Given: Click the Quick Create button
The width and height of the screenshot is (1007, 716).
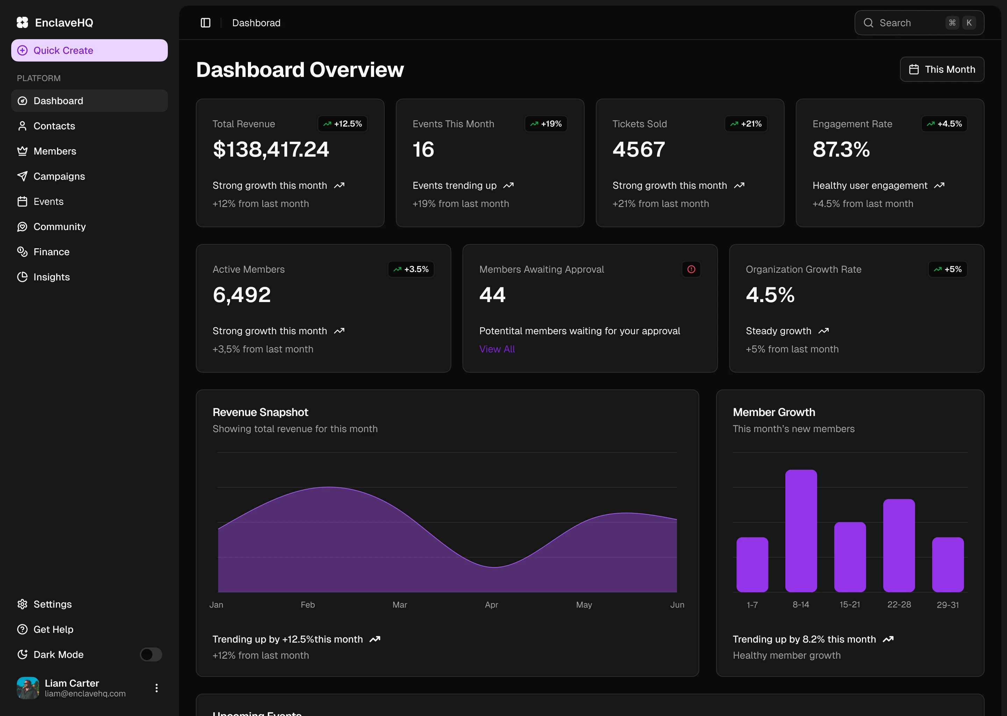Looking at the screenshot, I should [89, 50].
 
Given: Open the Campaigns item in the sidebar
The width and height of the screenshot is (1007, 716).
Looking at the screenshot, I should [59, 176].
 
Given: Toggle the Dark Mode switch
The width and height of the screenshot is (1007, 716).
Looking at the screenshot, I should [151, 654].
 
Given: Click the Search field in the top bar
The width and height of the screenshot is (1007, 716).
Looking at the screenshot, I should [908, 23].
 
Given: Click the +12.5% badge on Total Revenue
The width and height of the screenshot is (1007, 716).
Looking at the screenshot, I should [343, 124].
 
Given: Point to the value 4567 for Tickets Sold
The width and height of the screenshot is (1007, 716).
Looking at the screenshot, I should [638, 150].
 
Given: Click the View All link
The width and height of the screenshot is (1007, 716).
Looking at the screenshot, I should [497, 349].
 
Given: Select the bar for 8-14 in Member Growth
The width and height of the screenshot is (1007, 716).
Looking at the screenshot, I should [801, 531].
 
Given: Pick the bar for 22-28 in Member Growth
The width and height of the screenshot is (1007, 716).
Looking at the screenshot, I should [899, 545].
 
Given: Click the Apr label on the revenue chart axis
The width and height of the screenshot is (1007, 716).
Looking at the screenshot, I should [491, 605].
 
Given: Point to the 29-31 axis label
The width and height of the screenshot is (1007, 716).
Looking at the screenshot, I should [948, 605].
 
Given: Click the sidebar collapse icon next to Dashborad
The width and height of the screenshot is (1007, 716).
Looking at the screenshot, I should [206, 23].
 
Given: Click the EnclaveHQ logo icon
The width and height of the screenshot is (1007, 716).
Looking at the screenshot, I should [22, 22].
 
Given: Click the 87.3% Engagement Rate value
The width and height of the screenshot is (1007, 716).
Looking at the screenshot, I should [841, 150].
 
